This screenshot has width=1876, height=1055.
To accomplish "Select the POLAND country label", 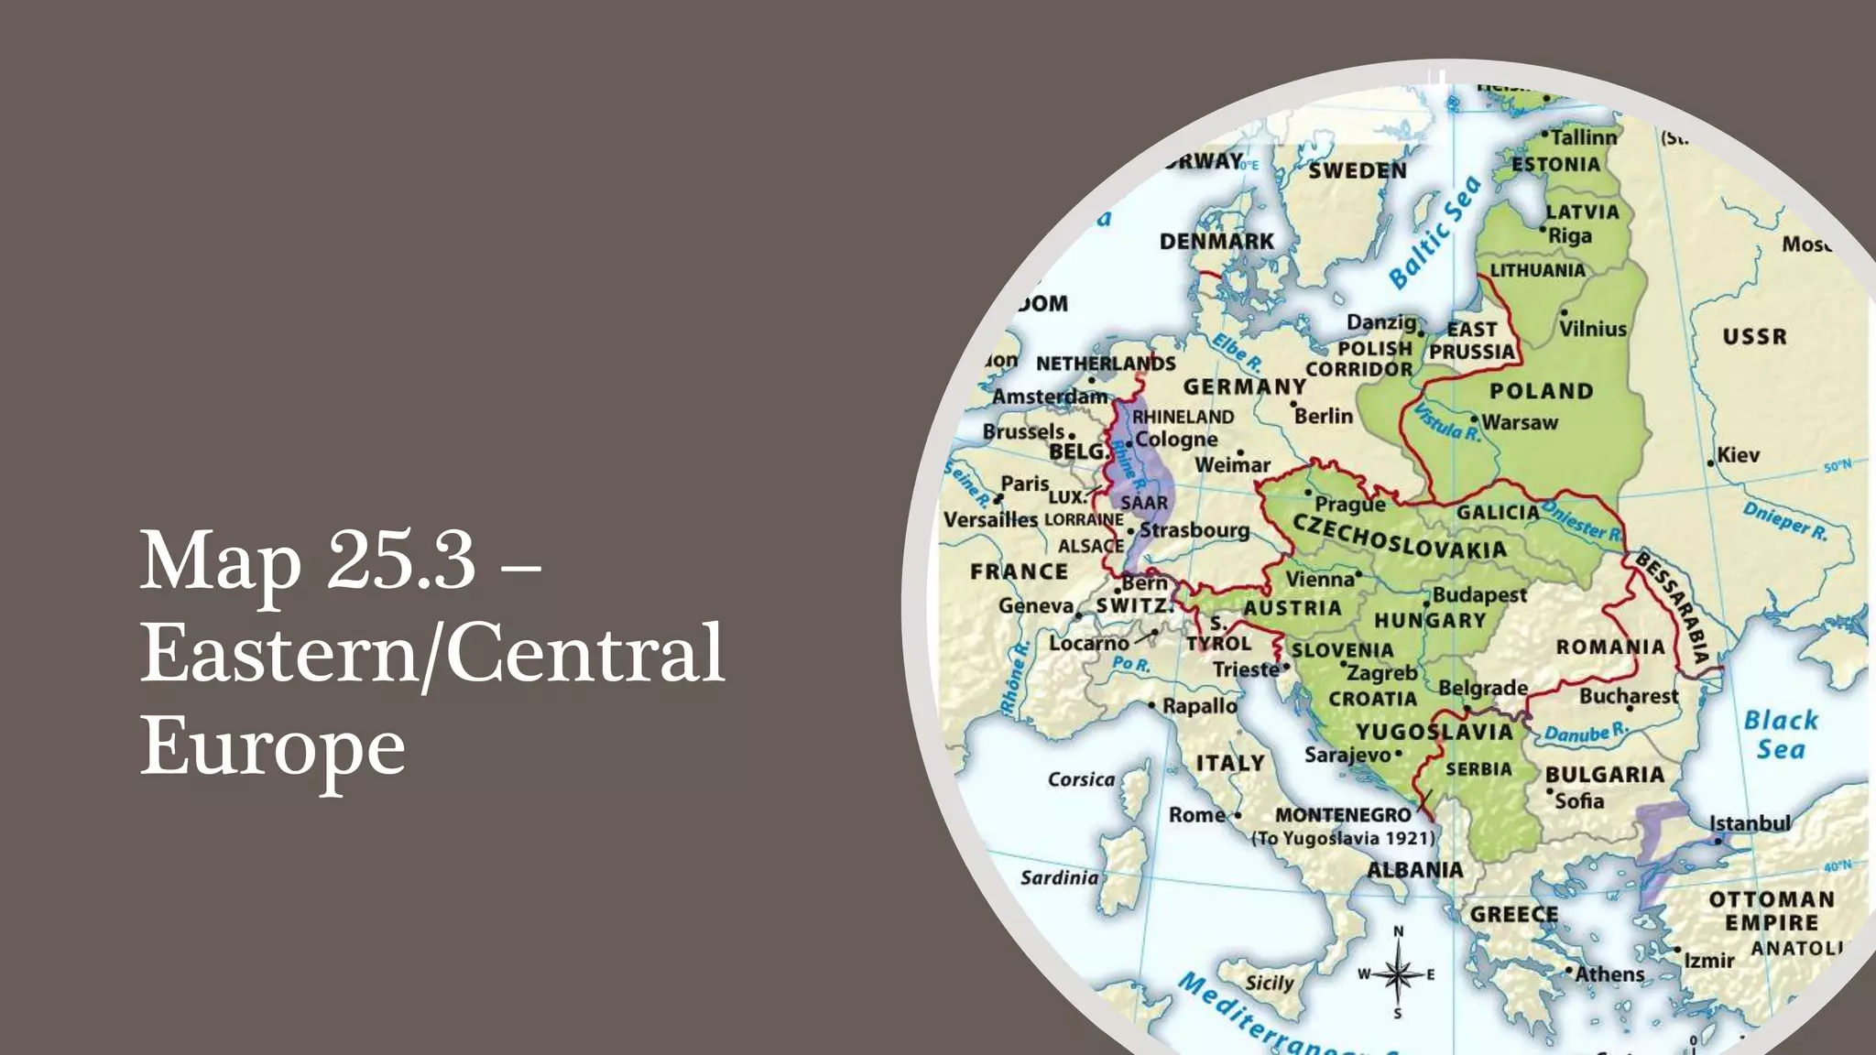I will coord(1542,391).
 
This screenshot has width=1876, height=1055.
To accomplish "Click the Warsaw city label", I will coord(1520,422).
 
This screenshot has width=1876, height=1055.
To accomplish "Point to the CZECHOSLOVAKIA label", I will coord(1399,537).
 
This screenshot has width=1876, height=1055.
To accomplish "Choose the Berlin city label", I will coord(1324,416).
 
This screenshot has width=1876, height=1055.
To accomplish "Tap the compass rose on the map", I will coord(1398,973).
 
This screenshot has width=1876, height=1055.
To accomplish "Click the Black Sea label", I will coord(1780,734).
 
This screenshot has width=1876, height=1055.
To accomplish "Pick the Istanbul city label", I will coord(1750,822).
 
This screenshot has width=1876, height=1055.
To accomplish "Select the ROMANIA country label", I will coord(1610,647).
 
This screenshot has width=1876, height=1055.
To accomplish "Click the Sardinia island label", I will coord(1059,877).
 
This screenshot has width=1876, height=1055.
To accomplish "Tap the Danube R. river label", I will coord(1586,733).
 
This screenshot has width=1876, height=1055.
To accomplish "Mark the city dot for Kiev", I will coord(1710,463).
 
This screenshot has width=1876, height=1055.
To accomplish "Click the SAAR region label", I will coord(1144,503).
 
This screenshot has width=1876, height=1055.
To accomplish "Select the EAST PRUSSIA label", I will coord(1472,341).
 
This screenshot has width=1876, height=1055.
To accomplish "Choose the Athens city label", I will coord(1609,973).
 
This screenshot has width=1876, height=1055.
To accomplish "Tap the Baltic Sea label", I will coord(1434,233).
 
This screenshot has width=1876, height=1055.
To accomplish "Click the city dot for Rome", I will coord(1238,815).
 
